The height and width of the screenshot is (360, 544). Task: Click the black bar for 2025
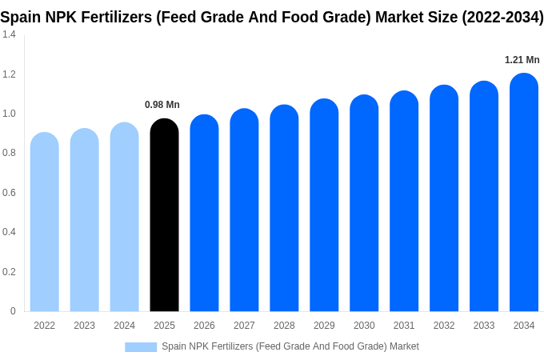[164, 216]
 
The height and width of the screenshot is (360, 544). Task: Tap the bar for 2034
[524, 193]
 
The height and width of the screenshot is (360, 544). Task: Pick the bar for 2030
[364, 204]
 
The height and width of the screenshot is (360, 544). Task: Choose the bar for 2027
[244, 210]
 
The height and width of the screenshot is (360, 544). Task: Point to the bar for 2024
[125, 218]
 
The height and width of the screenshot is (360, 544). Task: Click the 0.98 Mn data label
[162, 105]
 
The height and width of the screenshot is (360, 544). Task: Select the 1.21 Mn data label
[522, 60]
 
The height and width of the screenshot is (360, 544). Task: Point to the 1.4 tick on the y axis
[9, 34]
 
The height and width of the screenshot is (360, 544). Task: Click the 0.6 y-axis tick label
[9, 193]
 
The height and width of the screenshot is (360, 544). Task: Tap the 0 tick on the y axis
[13, 311]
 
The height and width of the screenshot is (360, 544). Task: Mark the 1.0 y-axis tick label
[9, 114]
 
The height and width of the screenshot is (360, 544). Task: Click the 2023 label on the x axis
[85, 326]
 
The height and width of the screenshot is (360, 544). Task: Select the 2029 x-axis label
[324, 326]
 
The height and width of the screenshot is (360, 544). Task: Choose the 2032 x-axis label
[444, 326]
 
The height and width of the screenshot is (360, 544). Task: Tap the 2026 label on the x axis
[204, 326]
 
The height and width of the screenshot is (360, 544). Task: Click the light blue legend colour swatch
[141, 347]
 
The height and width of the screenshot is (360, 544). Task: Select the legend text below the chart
[290, 346]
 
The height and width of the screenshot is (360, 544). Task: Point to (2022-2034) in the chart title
[502, 17]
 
